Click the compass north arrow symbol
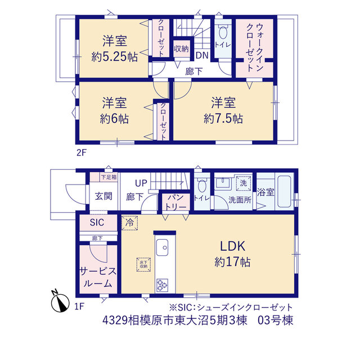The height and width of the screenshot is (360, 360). (x=60, y=302)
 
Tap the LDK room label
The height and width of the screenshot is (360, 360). (x=232, y=246)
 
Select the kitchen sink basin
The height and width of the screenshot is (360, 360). (x=162, y=247)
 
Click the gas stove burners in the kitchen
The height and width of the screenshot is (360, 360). (x=162, y=285)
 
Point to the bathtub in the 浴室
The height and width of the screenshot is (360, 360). (x=284, y=192)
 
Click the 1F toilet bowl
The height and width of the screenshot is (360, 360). (x=201, y=185)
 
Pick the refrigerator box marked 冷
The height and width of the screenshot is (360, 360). (x=129, y=223)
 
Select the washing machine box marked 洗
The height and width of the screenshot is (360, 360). (x=243, y=183)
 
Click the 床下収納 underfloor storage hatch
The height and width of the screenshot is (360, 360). (x=143, y=264)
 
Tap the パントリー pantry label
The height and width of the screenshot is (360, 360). (x=175, y=202)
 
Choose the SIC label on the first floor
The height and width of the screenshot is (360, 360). (x=97, y=222)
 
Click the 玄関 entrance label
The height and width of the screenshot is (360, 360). (x=103, y=196)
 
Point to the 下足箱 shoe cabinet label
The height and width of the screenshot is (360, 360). (x=109, y=177)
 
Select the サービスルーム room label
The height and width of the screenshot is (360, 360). (x=98, y=277)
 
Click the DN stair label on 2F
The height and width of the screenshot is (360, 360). (x=202, y=55)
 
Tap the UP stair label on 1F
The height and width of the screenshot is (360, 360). (x=141, y=183)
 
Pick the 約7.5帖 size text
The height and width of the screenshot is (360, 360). (x=223, y=119)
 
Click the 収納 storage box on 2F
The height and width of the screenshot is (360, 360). (x=181, y=49)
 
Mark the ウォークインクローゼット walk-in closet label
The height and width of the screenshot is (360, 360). (x=254, y=47)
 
